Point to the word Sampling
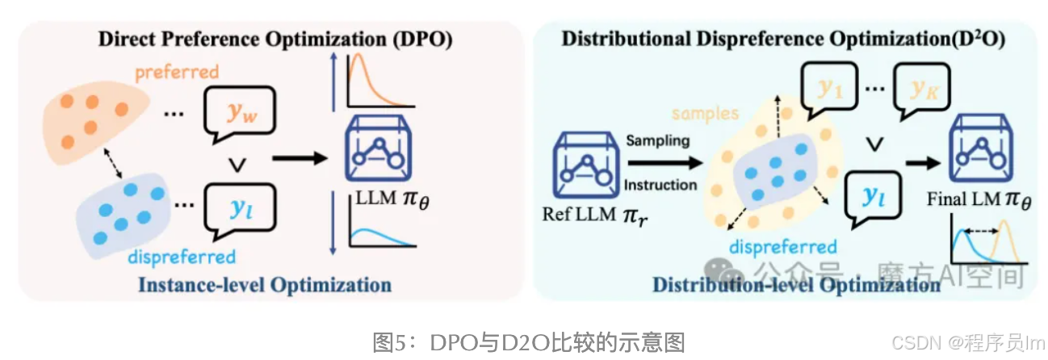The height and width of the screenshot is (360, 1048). click(657, 140)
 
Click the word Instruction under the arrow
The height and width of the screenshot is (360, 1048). click(660, 184)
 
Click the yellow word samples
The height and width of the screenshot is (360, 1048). click(706, 114)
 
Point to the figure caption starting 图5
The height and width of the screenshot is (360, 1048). click(529, 342)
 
